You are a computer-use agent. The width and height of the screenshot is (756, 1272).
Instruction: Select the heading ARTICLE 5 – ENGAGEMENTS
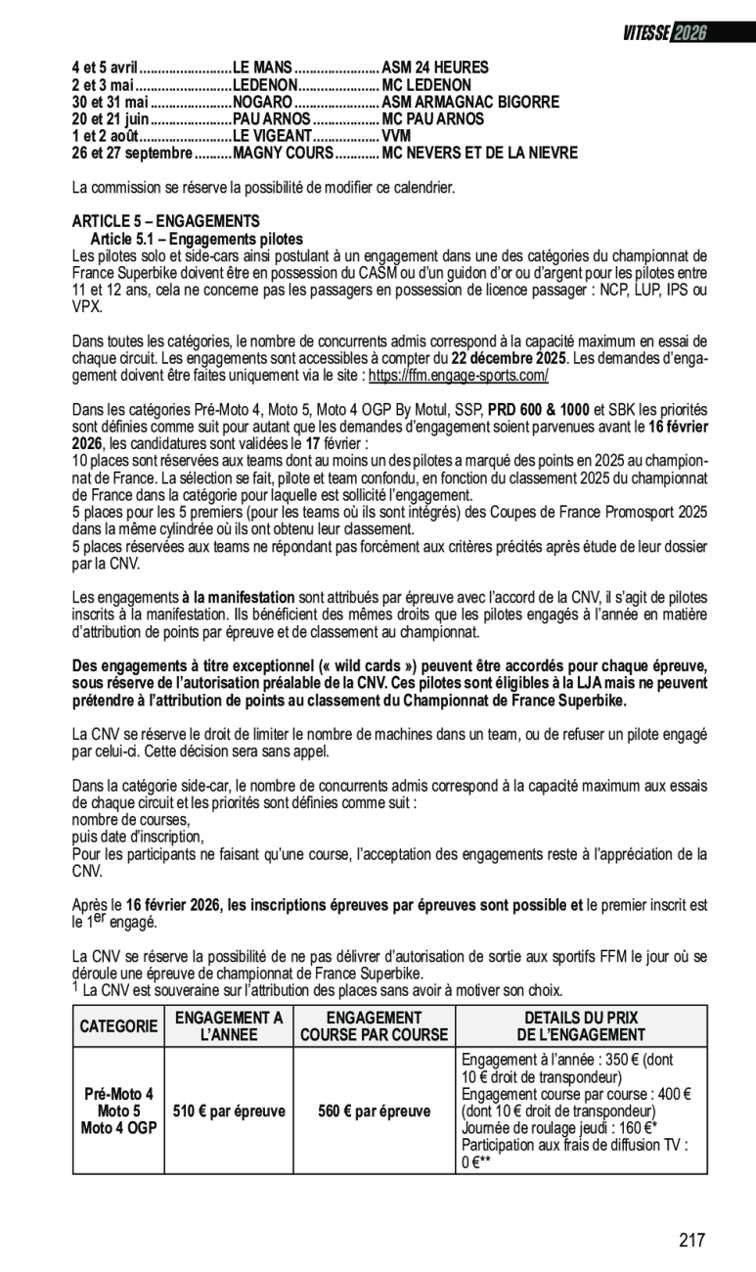tap(166, 221)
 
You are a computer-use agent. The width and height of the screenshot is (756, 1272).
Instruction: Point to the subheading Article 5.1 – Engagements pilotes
tap(197, 239)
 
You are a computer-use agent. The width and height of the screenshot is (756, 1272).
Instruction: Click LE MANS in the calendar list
tap(262, 68)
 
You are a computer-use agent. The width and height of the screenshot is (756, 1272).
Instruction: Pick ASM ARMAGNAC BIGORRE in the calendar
tap(470, 102)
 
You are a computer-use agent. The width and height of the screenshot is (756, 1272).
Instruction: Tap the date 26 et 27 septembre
tap(131, 153)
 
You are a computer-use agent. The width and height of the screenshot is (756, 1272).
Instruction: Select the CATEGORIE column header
tap(118, 1026)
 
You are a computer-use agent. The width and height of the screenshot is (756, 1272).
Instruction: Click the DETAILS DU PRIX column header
tap(581, 1026)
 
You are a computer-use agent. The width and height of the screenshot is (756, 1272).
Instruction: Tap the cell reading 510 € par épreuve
tap(229, 1112)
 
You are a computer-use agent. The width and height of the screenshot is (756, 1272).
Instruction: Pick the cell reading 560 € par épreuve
tap(375, 1112)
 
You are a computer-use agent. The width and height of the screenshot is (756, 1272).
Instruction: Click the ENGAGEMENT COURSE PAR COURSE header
tap(375, 1026)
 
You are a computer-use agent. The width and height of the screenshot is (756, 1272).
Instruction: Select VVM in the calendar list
tap(396, 136)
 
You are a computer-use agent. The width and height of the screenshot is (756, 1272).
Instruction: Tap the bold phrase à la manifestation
tap(239, 597)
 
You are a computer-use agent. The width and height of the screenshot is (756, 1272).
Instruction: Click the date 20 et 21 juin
tap(110, 118)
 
